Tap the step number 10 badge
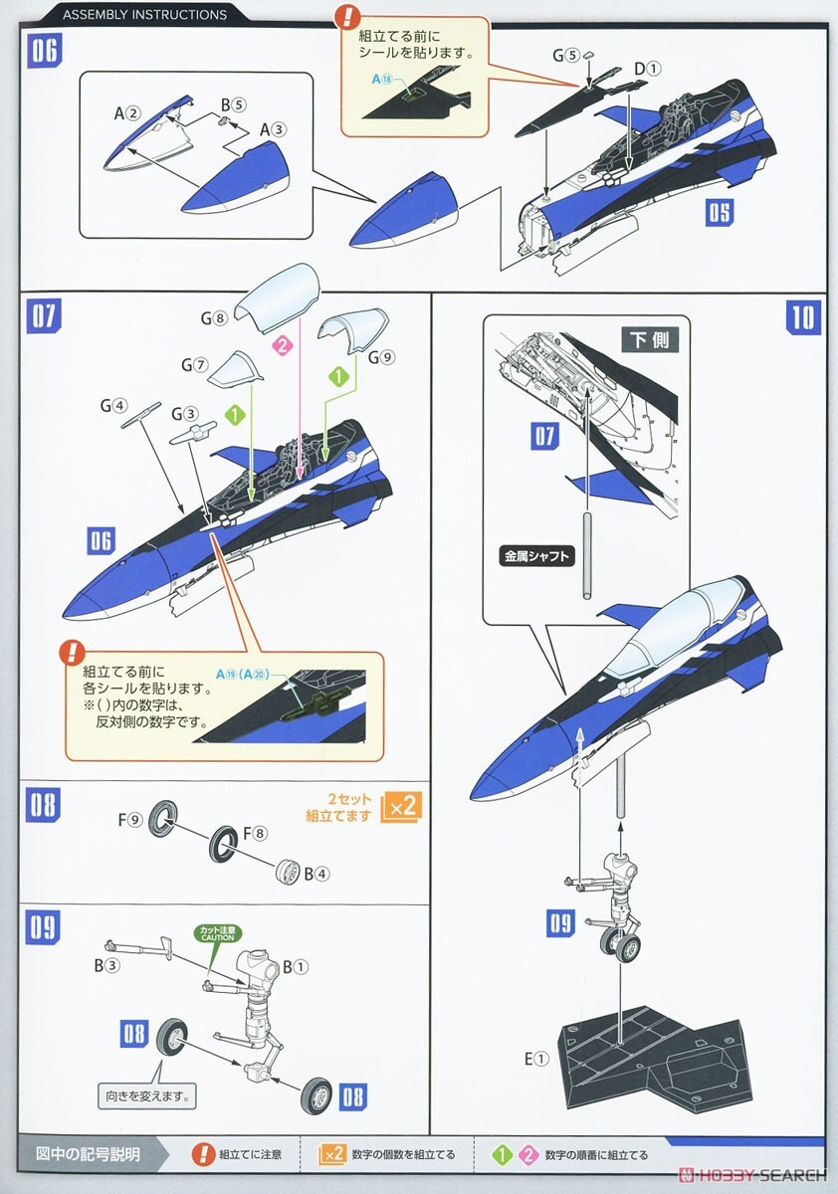[x=802, y=316]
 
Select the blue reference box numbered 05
[x=720, y=212]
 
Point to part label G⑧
[x=214, y=318]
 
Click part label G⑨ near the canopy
[x=383, y=357]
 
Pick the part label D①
[x=647, y=69]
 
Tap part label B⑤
[x=233, y=103]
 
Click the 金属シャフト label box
[x=537, y=556]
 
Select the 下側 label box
[x=649, y=340]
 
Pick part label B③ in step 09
[x=106, y=965]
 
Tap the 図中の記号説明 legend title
[x=88, y=1154]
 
